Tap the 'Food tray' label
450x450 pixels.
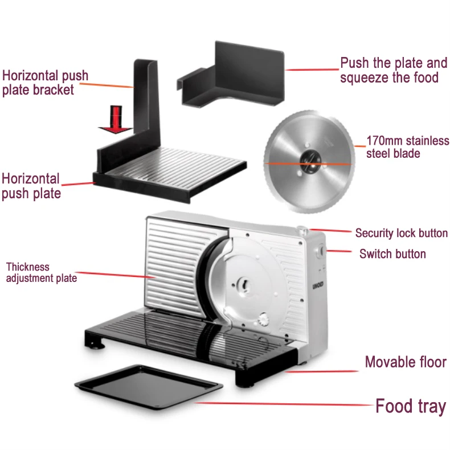click(x=410, y=407)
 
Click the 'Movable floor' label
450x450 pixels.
click(x=406, y=362)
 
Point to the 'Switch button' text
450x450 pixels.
click(x=392, y=253)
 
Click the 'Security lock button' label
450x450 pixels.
click(x=401, y=233)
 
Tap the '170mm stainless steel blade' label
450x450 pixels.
click(x=407, y=147)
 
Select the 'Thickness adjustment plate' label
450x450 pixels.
click(x=41, y=272)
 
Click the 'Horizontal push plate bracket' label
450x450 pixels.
click(x=46, y=83)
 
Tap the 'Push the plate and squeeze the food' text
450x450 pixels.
click(x=394, y=70)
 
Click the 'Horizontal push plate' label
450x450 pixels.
click(x=31, y=186)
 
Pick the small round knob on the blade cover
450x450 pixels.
click(x=263, y=318)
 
